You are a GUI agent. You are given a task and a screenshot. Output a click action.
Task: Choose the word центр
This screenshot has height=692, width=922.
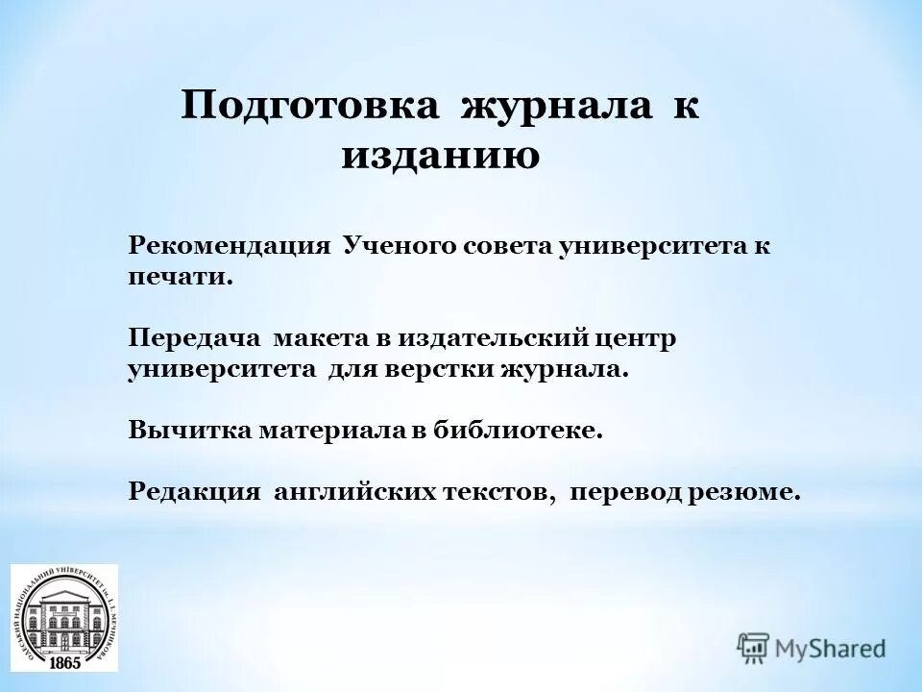pos(636,338)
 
